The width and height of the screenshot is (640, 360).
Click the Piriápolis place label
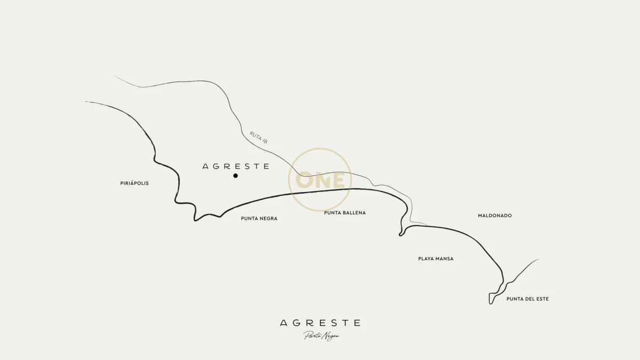click(x=134, y=183)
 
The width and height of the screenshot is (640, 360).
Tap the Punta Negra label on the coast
click(x=259, y=219)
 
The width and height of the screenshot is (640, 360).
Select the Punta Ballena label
click(x=345, y=213)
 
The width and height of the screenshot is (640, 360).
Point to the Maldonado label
click(x=494, y=216)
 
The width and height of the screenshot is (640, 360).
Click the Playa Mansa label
click(x=436, y=259)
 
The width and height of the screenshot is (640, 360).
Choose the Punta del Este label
click(x=527, y=299)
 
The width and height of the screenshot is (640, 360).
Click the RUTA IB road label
click(x=258, y=137)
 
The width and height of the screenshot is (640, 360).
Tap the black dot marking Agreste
click(x=235, y=175)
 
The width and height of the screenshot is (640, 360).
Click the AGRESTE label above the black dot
click(x=236, y=166)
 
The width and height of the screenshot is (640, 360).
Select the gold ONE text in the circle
click(x=320, y=180)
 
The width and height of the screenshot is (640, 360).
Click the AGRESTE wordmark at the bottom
click(x=320, y=323)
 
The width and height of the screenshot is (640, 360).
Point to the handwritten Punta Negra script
click(x=321, y=336)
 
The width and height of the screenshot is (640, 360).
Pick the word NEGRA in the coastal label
click(x=269, y=219)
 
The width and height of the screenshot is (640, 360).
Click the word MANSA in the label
click(x=444, y=259)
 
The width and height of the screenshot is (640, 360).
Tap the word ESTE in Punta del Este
click(x=541, y=299)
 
